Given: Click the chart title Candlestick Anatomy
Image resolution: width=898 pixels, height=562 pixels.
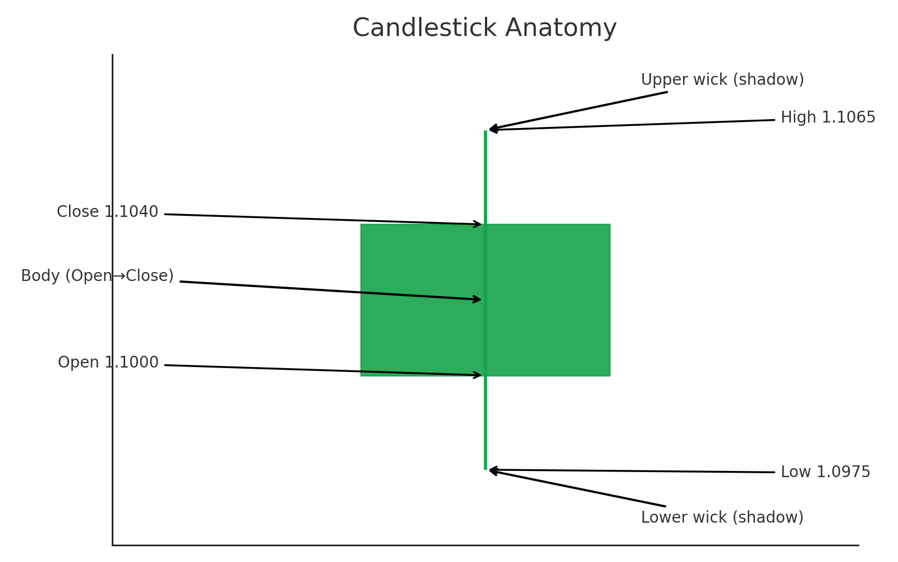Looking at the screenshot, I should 484,28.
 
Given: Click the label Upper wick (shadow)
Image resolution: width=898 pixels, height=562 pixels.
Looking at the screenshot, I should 722,80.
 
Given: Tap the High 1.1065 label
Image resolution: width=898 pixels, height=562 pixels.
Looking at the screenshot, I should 828,117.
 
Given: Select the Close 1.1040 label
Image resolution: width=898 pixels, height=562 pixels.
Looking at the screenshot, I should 107,212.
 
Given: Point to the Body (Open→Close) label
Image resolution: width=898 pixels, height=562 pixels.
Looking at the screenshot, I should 97,276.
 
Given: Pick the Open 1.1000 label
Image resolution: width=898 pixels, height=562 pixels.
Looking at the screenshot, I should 108,362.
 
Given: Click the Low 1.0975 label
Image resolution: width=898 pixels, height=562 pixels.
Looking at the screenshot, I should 825,472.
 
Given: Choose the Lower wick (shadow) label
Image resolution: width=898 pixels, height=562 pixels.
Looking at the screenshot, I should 722,518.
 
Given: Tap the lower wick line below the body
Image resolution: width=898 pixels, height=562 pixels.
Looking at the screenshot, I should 485,422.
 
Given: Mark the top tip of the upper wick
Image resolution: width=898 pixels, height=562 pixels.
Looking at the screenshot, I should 485,132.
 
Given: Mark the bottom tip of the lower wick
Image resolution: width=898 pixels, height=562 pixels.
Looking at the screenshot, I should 485,468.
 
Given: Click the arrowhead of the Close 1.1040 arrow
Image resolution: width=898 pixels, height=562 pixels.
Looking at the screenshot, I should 478,224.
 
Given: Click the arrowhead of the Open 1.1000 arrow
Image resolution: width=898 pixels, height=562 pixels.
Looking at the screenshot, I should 478,375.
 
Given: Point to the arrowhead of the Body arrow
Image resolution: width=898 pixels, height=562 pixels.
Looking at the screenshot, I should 477,300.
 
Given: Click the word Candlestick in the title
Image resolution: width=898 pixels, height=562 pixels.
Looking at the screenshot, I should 424,28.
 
